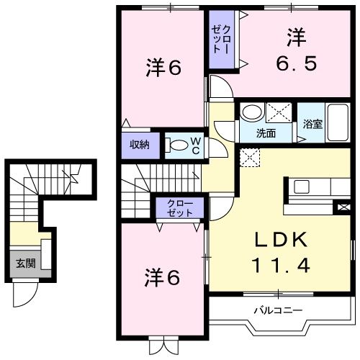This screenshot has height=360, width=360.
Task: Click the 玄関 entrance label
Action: pos(26,264)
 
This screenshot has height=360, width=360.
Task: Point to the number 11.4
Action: pos(280,266)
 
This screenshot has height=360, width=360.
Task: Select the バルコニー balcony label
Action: pos(277,311)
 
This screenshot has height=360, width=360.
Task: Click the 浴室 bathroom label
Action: pos(312,124)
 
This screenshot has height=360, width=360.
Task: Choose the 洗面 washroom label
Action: pos(266,133)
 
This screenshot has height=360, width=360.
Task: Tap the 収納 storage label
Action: pos(140,144)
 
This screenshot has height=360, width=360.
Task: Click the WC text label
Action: pos(195,145)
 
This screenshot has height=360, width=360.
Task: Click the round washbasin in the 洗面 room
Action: pos(251,113)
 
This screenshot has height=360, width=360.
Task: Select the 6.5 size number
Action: pos(294,63)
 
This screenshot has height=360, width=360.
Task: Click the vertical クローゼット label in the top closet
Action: pos(218,41)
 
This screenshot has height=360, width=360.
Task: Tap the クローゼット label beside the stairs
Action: pos(179,208)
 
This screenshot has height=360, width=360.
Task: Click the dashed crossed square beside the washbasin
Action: pos(279,114)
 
